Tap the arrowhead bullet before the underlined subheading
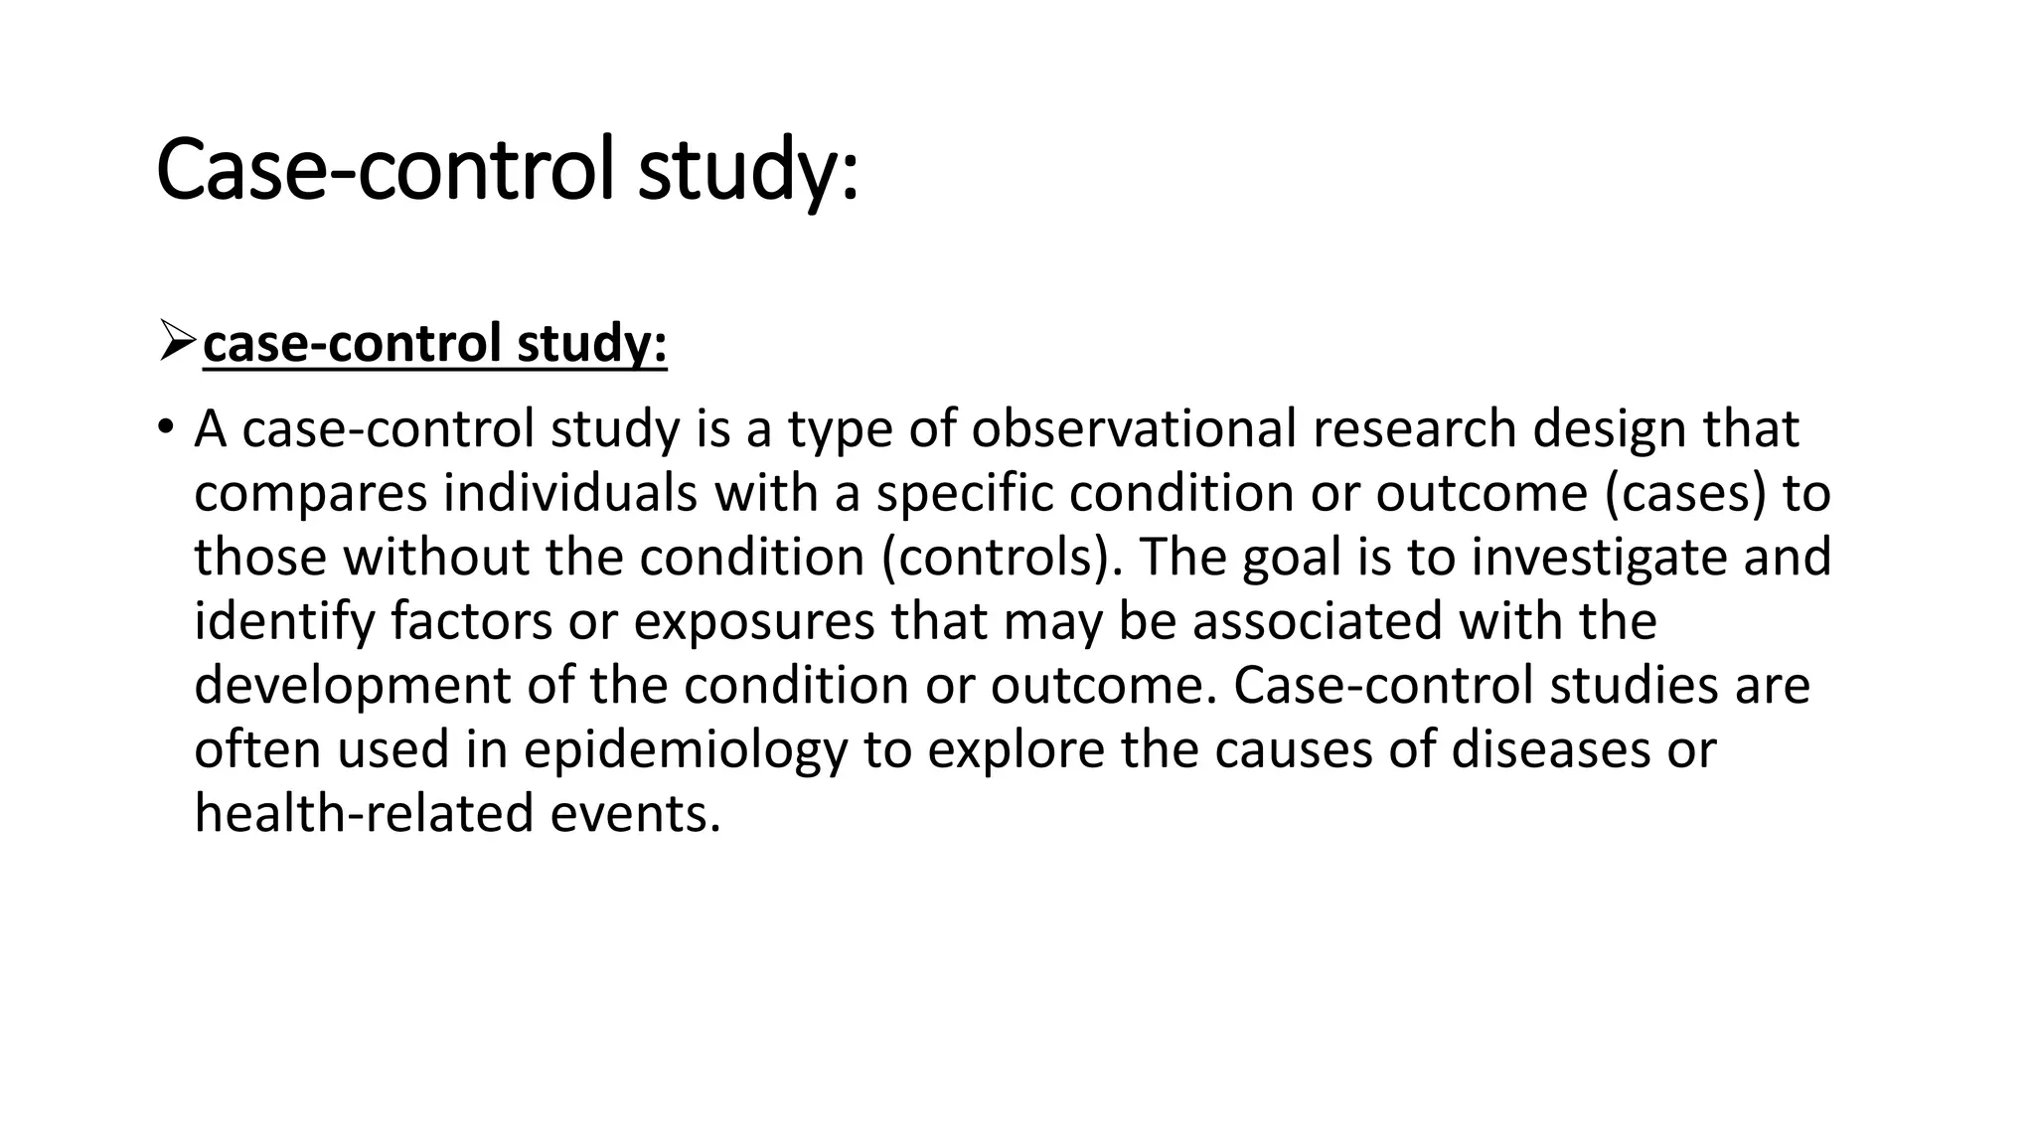[177, 344]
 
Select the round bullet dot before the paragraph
[164, 429]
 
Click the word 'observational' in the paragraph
[1133, 429]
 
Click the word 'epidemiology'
[686, 749]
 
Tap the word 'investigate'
[1599, 557]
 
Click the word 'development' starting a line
[352, 686]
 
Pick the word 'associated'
[1317, 621]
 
